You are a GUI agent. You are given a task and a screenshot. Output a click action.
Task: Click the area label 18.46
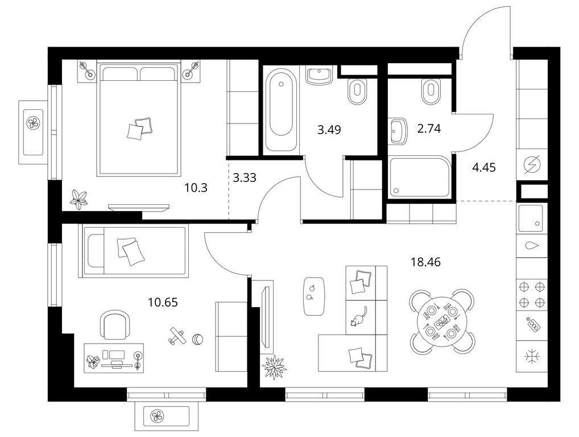[425, 262]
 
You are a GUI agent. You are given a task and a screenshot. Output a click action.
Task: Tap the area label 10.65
[163, 303]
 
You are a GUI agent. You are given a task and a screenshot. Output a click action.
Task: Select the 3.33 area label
[245, 178]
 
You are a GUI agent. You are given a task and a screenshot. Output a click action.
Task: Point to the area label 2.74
[429, 129]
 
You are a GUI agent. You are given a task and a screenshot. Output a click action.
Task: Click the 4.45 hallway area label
[484, 168]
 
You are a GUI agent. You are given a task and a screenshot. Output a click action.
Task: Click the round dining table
[441, 321]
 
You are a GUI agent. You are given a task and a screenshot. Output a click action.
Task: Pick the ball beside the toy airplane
[197, 339]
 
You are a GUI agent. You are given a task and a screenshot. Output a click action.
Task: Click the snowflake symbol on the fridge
[532, 356]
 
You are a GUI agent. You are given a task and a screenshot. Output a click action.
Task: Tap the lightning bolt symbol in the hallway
[532, 164]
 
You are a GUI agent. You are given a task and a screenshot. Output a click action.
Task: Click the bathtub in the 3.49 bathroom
[282, 109]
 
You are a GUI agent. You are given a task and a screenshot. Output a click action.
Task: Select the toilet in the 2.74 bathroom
[430, 91]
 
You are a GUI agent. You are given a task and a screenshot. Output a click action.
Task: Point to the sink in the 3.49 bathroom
[319, 76]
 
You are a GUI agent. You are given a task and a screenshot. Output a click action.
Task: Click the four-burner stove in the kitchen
[532, 294]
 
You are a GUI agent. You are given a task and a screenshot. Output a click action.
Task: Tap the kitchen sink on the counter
[531, 218]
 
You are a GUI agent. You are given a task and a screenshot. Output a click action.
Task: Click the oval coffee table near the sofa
[314, 296]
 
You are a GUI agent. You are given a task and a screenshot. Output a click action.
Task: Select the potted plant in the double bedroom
[79, 200]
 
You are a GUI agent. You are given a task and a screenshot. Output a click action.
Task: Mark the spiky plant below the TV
[274, 367]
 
